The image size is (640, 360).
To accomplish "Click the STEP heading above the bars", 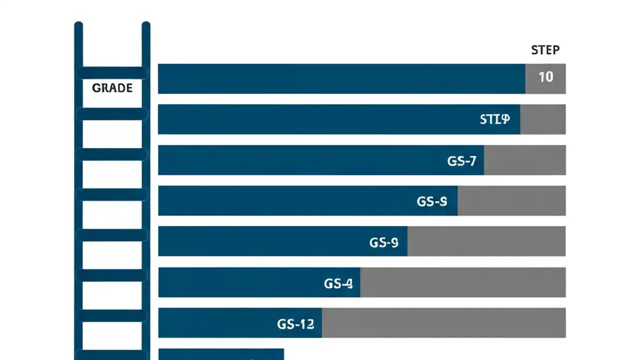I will [545, 50].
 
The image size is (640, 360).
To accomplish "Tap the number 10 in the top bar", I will [545, 77].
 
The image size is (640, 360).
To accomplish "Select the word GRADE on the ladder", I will [112, 88].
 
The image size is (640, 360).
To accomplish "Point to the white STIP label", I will [494, 119].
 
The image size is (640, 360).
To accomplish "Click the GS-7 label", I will [461, 161].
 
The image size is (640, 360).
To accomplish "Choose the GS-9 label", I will [383, 242].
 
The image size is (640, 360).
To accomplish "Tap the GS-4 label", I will [338, 283].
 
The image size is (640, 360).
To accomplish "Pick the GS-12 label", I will [295, 324].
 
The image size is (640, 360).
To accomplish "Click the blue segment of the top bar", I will [340, 78].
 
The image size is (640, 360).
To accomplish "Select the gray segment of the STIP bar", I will [542, 119].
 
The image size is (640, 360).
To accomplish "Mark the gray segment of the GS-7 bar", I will [524, 160].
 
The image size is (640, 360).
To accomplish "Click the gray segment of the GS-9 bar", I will [486, 241].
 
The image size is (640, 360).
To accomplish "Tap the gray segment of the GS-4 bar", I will [462, 282].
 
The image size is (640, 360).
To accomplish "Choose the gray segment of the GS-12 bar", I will [443, 322].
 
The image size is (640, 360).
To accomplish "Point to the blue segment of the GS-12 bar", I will [215, 322].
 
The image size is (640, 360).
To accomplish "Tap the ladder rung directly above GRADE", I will [112, 73].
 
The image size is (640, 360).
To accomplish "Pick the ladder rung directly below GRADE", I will [112, 114].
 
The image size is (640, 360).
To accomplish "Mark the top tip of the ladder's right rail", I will [146, 24].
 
